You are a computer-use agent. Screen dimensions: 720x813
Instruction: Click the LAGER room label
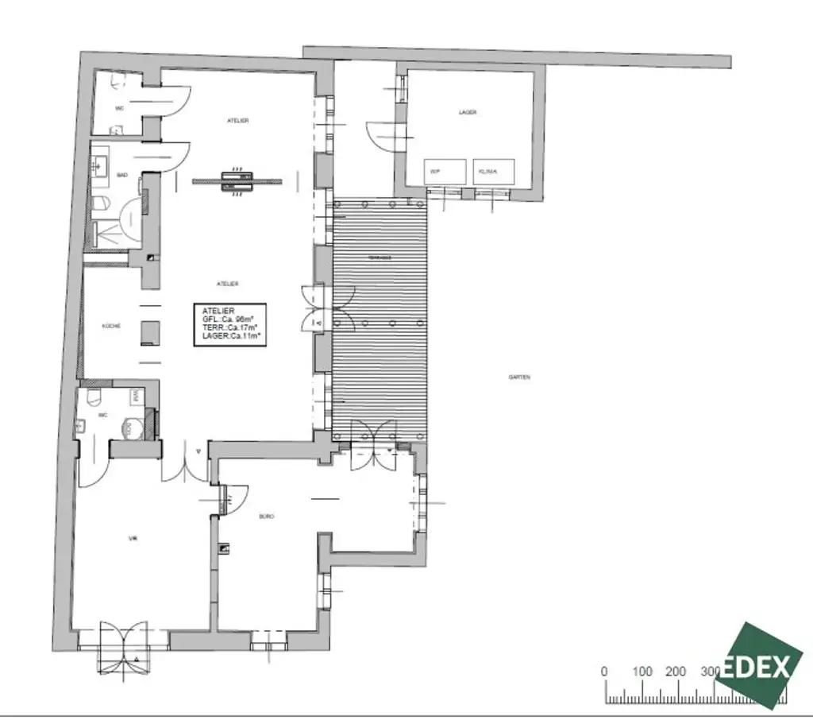pyautogui.click(x=468, y=113)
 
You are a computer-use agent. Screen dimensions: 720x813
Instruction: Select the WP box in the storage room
pyautogui.click(x=436, y=171)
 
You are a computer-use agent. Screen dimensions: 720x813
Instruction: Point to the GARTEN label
pyautogui.click(x=519, y=377)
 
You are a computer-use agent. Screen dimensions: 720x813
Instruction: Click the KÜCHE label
pyautogui.click(x=111, y=326)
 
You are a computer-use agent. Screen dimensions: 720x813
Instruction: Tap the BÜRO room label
pyautogui.click(x=267, y=517)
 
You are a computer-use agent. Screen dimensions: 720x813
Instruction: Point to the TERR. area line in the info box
pyautogui.click(x=229, y=326)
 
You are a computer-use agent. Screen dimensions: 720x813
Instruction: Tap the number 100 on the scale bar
pyautogui.click(x=642, y=672)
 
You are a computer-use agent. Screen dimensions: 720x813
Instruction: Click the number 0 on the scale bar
pyautogui.click(x=605, y=672)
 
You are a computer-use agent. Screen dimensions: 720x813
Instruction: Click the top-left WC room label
pyautogui.click(x=120, y=107)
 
